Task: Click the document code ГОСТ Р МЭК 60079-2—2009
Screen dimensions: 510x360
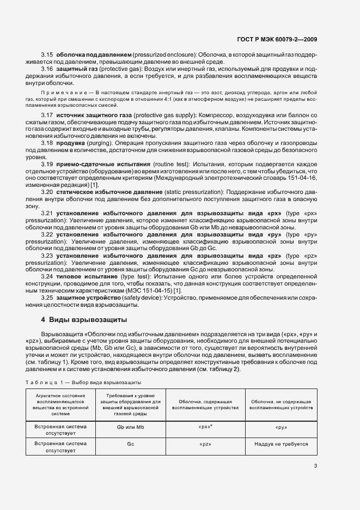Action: (x=278, y=39)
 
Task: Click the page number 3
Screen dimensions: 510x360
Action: (x=315, y=465)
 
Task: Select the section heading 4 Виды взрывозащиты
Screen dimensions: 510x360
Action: (x=84, y=319)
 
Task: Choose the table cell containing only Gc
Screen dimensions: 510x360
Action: (x=130, y=444)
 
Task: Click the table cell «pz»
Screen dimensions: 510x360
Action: (x=205, y=444)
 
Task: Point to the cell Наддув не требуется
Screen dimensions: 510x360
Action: (x=281, y=444)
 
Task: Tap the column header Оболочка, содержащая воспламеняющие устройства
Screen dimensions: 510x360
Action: (x=205, y=404)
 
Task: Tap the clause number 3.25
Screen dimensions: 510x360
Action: (x=47, y=299)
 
